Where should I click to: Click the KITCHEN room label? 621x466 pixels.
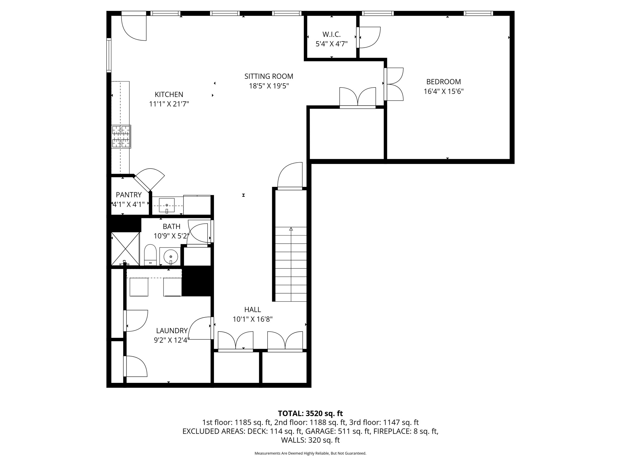tap(169, 94)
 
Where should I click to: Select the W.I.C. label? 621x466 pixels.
tap(331, 34)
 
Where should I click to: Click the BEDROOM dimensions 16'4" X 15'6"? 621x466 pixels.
tap(443, 91)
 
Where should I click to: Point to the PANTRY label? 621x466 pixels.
tap(129, 195)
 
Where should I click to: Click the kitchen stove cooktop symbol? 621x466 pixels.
tap(121, 136)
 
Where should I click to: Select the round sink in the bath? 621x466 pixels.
tap(171, 257)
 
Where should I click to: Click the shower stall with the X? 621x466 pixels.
tap(125, 249)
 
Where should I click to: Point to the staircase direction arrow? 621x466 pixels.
tap(291, 229)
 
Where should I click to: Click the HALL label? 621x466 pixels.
tap(252, 310)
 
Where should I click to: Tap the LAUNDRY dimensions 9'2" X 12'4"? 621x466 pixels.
tap(172, 340)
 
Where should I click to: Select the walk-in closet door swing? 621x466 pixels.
tap(369, 37)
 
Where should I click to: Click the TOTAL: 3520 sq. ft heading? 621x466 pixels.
tap(310, 413)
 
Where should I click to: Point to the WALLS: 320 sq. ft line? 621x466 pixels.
tap(310, 440)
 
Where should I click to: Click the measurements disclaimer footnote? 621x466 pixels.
tap(310, 453)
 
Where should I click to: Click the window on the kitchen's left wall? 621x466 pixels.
tap(109, 55)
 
